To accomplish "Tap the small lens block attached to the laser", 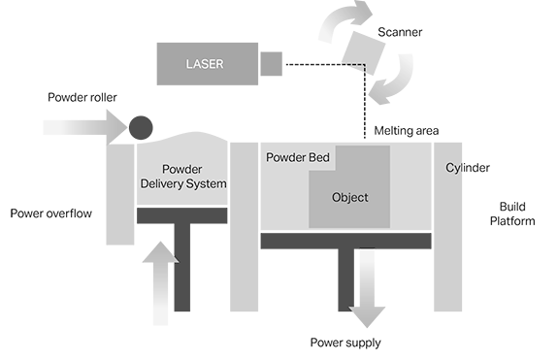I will point(271,64).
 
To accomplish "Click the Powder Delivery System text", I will point(183,176).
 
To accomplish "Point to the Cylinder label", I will point(468,168).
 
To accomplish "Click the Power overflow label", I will point(50,213).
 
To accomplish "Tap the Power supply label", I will point(345,343).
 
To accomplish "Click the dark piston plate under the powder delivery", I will point(181,214).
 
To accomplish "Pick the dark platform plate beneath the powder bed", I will point(345,240).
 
